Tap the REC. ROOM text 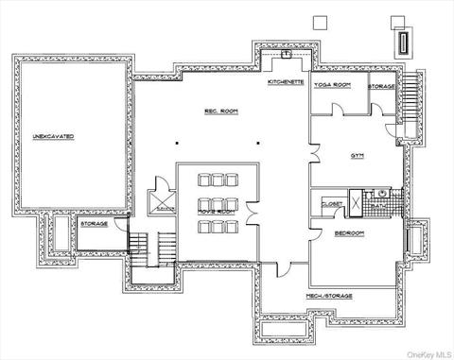click(x=218, y=111)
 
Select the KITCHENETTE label click(x=285, y=82)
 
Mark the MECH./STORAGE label click(x=329, y=296)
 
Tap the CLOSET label click(x=332, y=203)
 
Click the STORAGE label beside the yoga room click(x=381, y=86)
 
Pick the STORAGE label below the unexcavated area click(x=94, y=225)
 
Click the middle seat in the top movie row click(x=217, y=180)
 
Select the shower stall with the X click(x=357, y=202)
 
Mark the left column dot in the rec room click(x=176, y=144)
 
